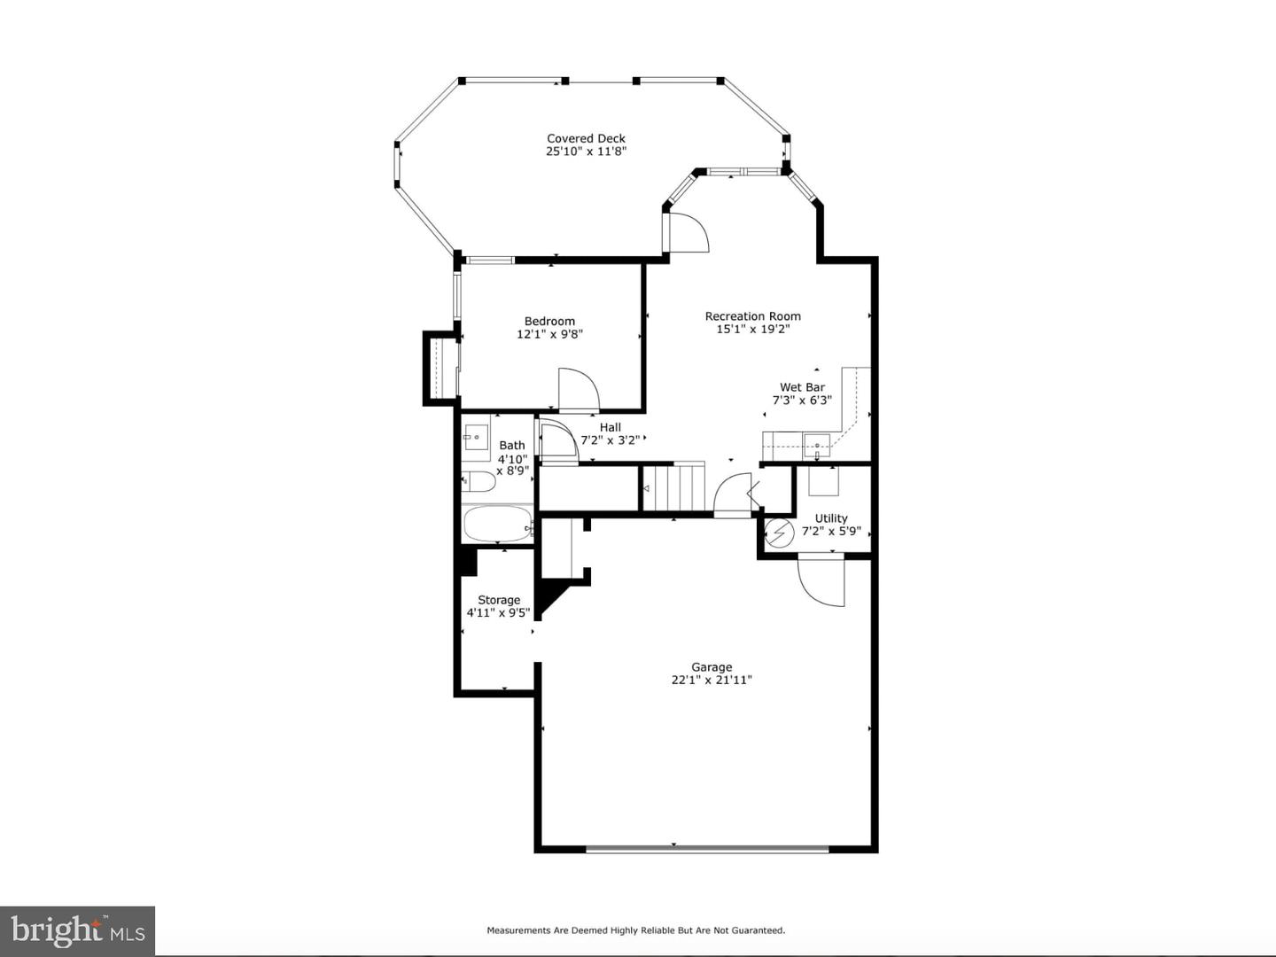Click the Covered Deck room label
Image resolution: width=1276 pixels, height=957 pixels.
tap(586, 138)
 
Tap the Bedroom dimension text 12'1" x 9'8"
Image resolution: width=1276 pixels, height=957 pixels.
tap(549, 334)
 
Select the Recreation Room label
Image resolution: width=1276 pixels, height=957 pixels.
tap(753, 316)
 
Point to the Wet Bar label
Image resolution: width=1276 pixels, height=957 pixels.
tap(802, 387)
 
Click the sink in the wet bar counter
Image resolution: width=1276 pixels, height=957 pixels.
tap(817, 446)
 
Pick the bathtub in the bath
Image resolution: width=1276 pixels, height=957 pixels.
tap(498, 524)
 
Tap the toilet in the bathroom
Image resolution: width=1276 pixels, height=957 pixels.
tap(478, 481)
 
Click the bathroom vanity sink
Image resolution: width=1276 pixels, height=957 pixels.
tap(476, 437)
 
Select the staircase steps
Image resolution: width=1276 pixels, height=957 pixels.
tap(673, 487)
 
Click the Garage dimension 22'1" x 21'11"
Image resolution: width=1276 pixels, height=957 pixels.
tap(712, 680)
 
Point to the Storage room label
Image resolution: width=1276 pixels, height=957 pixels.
tap(499, 600)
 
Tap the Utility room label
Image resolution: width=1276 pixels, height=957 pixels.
tap(831, 518)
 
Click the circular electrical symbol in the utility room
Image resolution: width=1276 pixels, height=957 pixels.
tap(779, 532)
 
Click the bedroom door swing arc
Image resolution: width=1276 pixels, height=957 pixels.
tap(579, 389)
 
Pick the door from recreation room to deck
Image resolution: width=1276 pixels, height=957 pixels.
tap(689, 232)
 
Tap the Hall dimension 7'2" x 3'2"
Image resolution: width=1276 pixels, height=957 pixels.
tap(611, 440)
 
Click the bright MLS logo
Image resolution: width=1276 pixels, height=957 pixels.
tap(77, 930)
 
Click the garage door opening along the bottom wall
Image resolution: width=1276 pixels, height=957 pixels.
tap(707, 849)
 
